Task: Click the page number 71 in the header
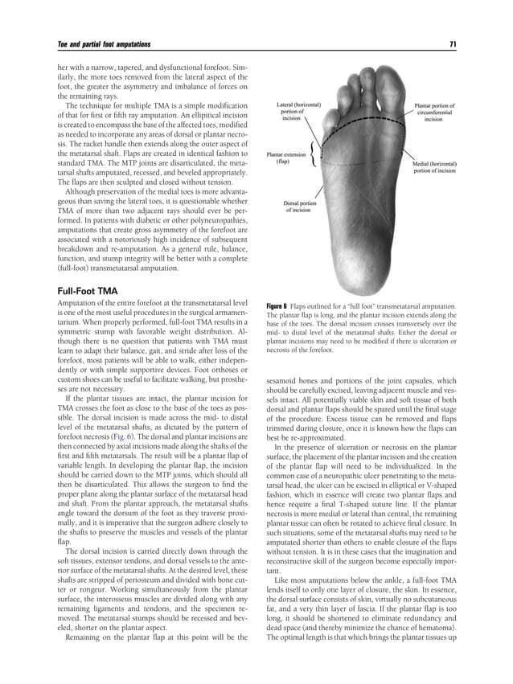pos(453,43)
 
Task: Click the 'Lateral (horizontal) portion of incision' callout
pos(298,111)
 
